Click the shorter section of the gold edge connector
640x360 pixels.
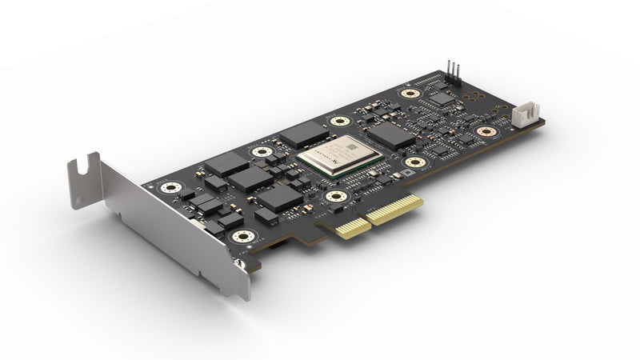click(349, 227)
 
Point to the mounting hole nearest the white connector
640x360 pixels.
click(486, 131)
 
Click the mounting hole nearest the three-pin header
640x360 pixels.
click(410, 94)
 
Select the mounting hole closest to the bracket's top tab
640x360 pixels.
click(169, 188)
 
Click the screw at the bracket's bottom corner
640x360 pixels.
click(238, 261)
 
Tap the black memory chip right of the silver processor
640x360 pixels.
click(391, 135)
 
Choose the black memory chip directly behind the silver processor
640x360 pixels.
click(305, 133)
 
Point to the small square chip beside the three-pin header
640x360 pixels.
click(442, 98)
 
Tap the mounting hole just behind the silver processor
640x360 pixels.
click(341, 122)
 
